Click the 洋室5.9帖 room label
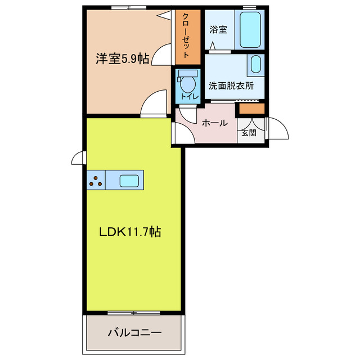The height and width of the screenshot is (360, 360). pos(122,58)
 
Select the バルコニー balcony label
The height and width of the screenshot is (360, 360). pos(134,333)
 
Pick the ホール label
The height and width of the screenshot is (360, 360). pos(214,123)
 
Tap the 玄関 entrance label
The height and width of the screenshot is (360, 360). pos(249,133)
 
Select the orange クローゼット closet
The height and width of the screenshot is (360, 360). pos(187,37)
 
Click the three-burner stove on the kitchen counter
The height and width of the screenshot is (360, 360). pos(96,181)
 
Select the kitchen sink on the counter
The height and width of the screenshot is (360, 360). pos(129,181)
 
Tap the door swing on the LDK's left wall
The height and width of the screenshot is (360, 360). pos(79,159)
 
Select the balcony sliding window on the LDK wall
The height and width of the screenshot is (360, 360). pos(133,312)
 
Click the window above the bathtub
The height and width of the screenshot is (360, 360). pos(250,7)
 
